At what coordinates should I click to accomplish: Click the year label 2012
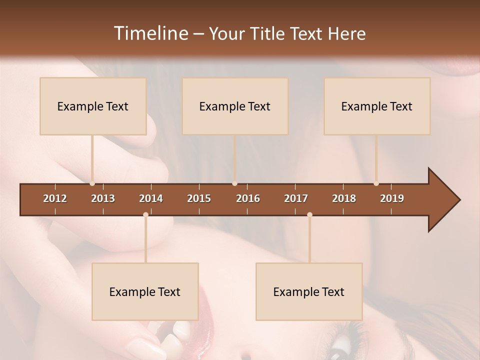pos(55,198)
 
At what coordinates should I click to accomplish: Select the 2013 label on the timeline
pos(103,198)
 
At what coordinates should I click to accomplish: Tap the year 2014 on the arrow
pos(151,198)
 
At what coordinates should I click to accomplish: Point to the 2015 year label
pos(199,198)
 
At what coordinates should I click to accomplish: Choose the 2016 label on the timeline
pos(248,198)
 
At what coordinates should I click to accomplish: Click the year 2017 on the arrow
pos(296,198)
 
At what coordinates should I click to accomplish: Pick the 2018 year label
pos(344,198)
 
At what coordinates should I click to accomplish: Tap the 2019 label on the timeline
pos(392,198)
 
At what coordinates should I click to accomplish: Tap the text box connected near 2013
pos(93,106)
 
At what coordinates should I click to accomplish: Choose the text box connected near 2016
pos(235,106)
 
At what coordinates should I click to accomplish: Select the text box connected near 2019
pos(377,106)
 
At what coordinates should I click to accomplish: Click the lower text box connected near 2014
pos(145,291)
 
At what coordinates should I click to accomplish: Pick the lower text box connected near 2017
pos(309,291)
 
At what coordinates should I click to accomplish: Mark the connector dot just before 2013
pos(92,183)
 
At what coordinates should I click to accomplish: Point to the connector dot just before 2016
pos(234,183)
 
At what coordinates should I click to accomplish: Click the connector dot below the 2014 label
pos(145,214)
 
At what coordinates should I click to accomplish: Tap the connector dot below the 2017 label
pos(309,214)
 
